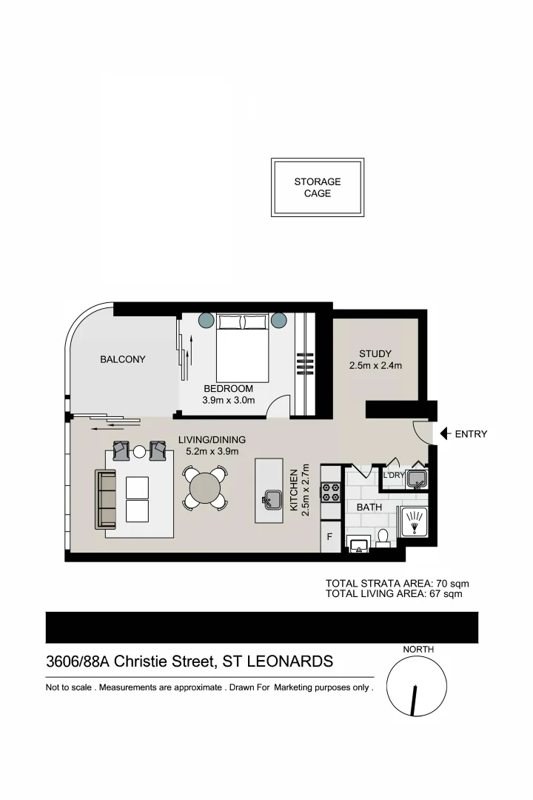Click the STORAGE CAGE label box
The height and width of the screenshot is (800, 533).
click(x=318, y=187)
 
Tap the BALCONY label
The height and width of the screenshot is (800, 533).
click(x=123, y=359)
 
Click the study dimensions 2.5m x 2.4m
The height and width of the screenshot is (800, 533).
click(x=375, y=366)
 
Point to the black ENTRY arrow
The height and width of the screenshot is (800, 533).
click(x=444, y=434)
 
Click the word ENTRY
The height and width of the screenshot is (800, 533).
click(x=471, y=434)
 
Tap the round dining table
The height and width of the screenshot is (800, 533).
click(x=204, y=488)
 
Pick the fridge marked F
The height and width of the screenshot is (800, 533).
click(x=330, y=537)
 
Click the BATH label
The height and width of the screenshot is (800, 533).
click(x=369, y=507)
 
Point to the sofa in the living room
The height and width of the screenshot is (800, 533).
click(x=106, y=499)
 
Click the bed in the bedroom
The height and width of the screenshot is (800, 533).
click(x=242, y=347)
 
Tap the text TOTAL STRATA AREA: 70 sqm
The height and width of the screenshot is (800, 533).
click(x=397, y=584)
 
